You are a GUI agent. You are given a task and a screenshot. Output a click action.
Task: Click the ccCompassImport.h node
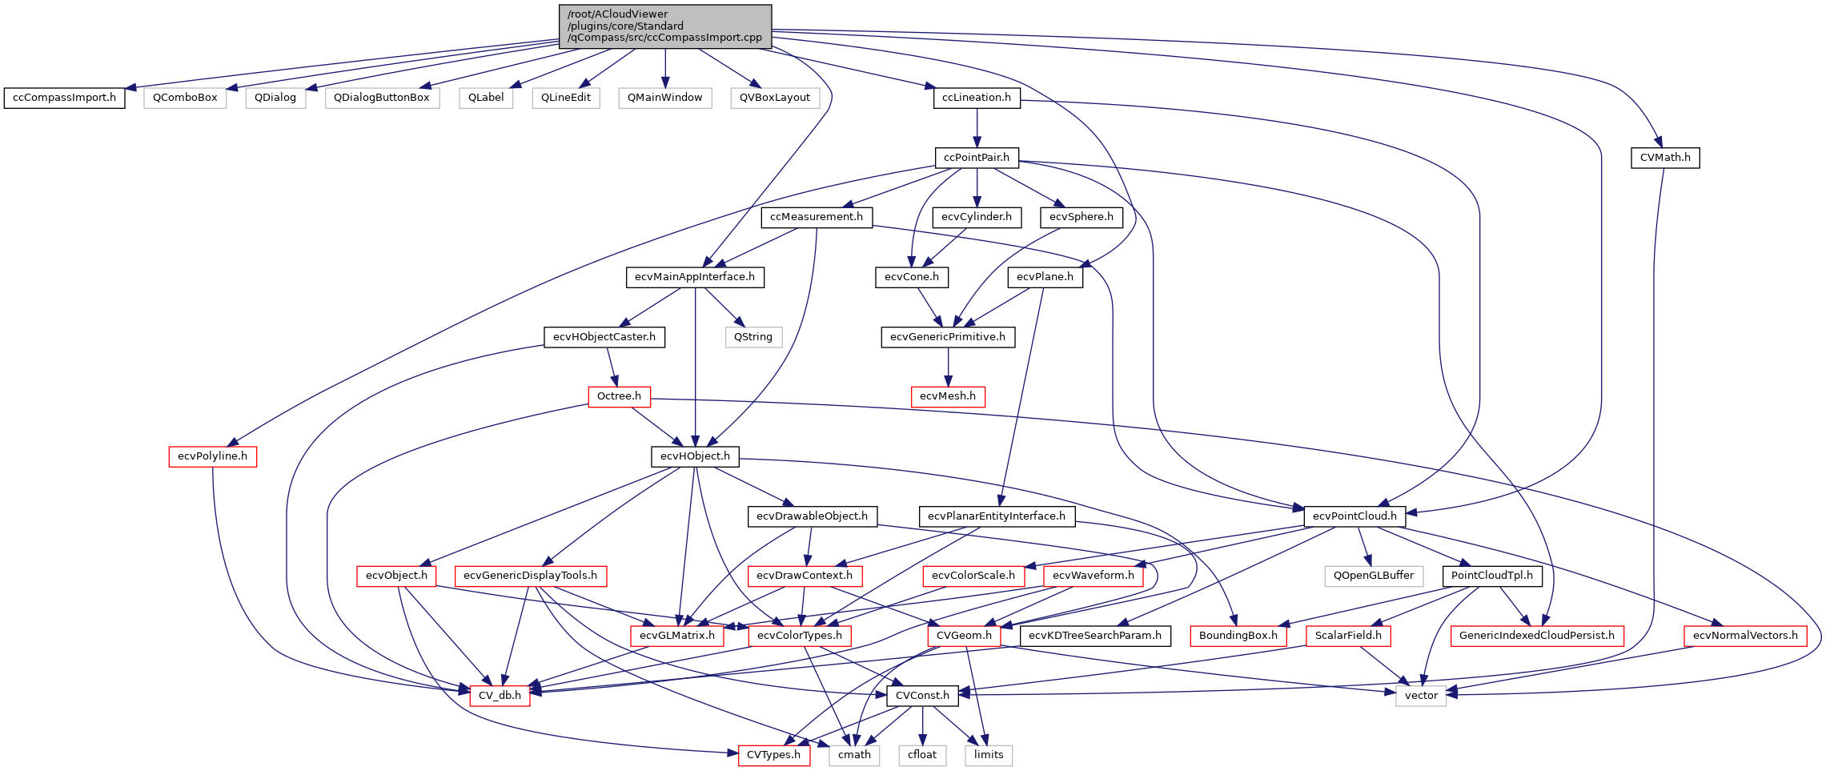tap(65, 98)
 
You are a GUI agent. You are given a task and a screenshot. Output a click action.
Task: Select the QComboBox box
tap(185, 98)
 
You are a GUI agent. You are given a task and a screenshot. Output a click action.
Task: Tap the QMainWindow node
tap(664, 98)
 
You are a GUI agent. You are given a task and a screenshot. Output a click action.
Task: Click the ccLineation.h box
tap(976, 98)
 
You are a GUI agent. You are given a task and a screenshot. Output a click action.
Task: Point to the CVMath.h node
tap(1664, 158)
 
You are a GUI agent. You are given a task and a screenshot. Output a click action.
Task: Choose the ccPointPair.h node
tap(977, 158)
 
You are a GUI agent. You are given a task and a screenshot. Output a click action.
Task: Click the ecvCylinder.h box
tap(976, 217)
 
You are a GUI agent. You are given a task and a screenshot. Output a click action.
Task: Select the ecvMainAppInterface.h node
tap(694, 277)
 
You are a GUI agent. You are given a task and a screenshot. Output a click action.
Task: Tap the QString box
tap(753, 337)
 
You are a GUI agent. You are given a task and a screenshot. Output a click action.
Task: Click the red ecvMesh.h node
tap(948, 396)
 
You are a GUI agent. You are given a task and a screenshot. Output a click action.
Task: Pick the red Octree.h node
tap(619, 396)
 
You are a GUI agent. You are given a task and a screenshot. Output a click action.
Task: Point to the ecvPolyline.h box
tap(212, 456)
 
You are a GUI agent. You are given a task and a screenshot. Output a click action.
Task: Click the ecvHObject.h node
tap(695, 456)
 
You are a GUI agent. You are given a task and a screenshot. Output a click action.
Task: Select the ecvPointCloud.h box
tap(1354, 516)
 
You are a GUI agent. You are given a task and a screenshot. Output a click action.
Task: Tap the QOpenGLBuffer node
tap(1374, 576)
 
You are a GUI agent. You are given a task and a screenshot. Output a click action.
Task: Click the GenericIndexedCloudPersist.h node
tap(1537, 636)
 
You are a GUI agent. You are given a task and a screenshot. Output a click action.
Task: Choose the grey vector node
tap(1421, 696)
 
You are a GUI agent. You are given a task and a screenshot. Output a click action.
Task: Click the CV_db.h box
tap(500, 696)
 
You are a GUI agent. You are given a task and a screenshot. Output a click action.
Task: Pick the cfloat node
tap(922, 755)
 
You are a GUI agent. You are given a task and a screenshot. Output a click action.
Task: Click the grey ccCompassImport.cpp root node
tap(664, 26)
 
